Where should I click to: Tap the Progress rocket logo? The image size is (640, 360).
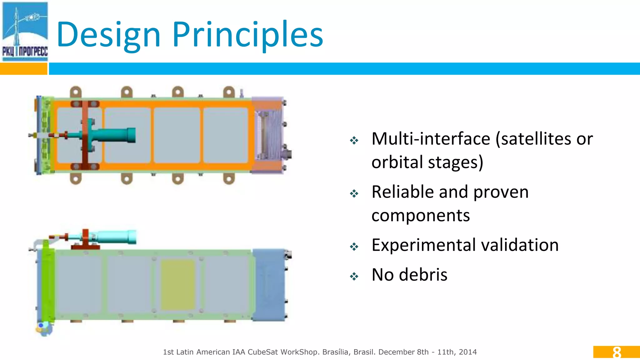25,31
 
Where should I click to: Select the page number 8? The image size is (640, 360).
617,352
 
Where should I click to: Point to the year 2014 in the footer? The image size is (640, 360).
468,352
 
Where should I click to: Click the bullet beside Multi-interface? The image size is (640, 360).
354,140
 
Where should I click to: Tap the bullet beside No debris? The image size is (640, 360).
354,276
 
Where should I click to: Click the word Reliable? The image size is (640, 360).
403,192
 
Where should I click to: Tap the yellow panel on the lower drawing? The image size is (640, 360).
178,284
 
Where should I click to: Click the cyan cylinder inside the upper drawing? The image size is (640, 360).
116,135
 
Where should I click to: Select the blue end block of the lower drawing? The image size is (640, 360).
269,284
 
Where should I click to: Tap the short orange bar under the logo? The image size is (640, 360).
23,69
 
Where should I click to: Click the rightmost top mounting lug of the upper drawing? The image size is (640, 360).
229,92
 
